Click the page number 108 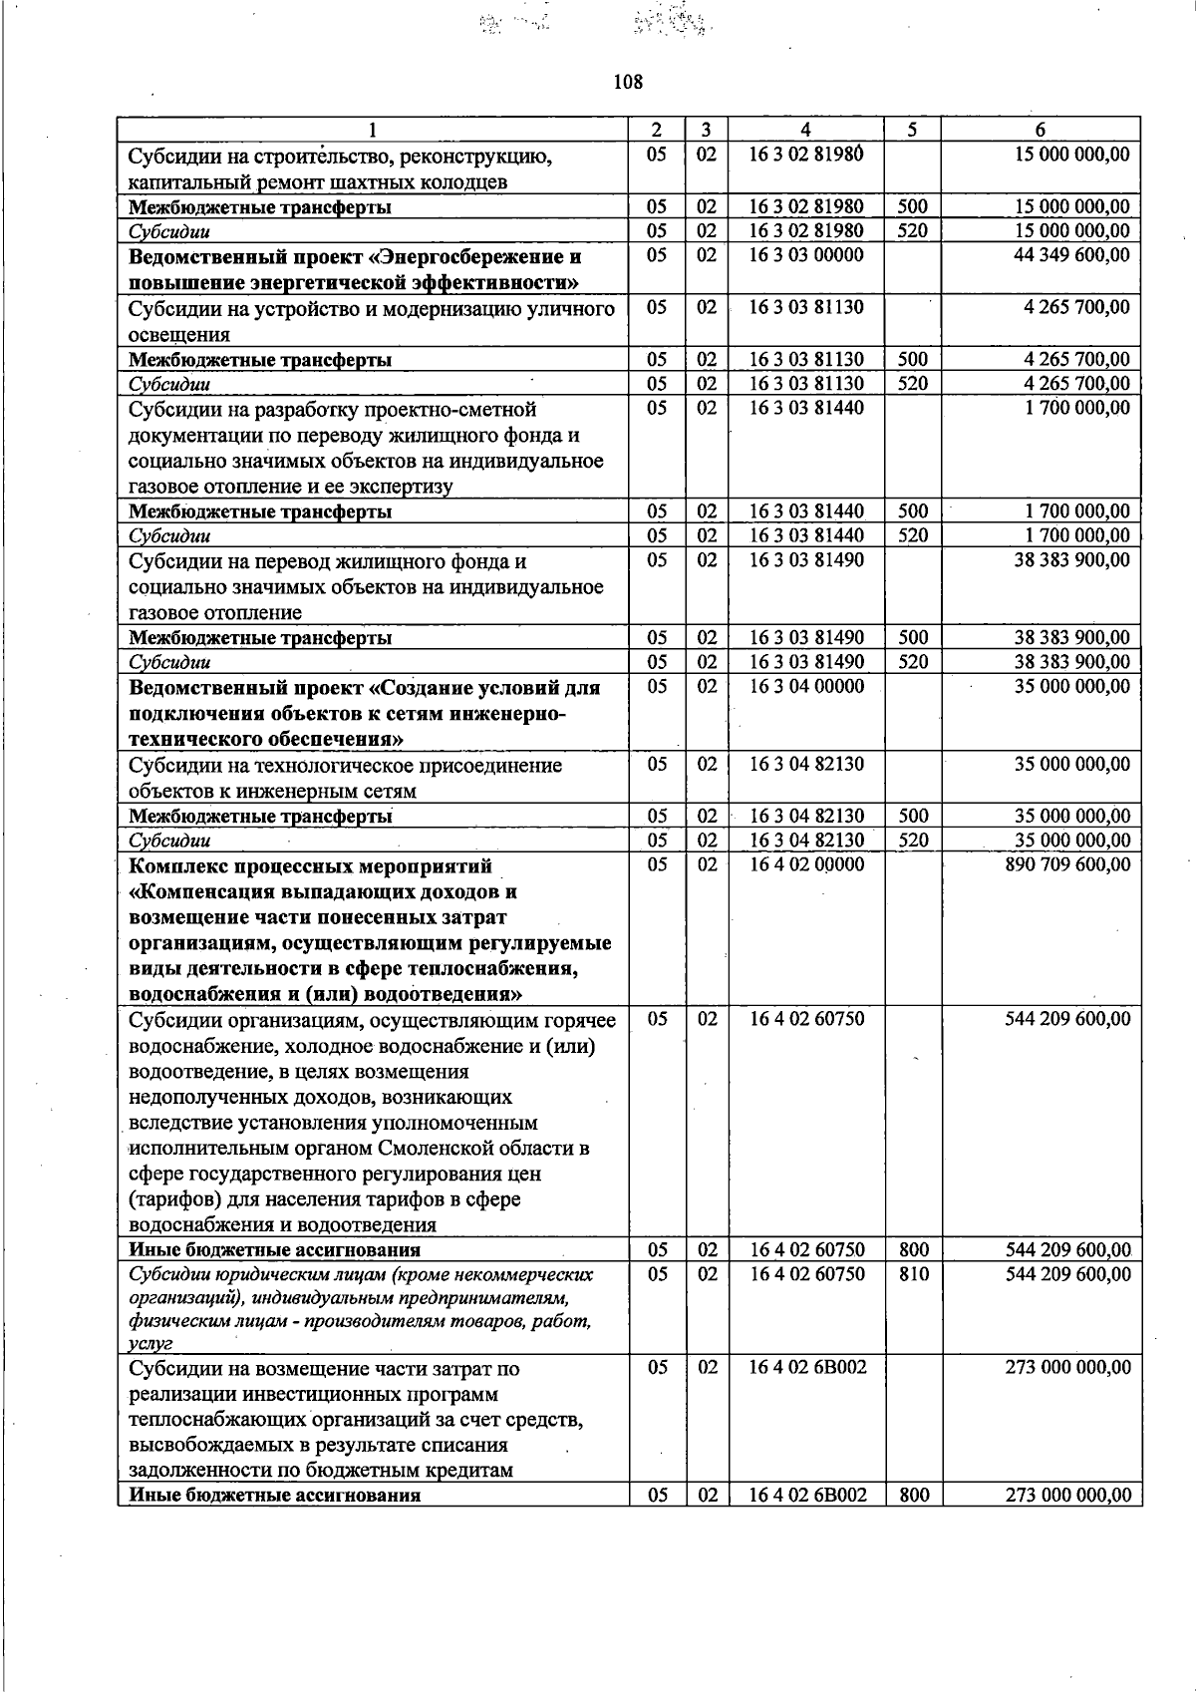[628, 82]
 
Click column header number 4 [805, 130]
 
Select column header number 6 [1040, 130]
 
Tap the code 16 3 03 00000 [806, 255]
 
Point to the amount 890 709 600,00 [1068, 864]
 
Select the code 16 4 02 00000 [806, 864]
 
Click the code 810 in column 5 [913, 1274]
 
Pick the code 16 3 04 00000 [806, 687]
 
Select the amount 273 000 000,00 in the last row [1068, 1496]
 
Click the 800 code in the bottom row [913, 1496]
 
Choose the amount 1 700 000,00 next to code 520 [1077, 535]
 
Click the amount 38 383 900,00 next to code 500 [1072, 638]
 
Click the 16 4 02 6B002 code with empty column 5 [806, 1368]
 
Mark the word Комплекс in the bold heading [175, 865]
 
